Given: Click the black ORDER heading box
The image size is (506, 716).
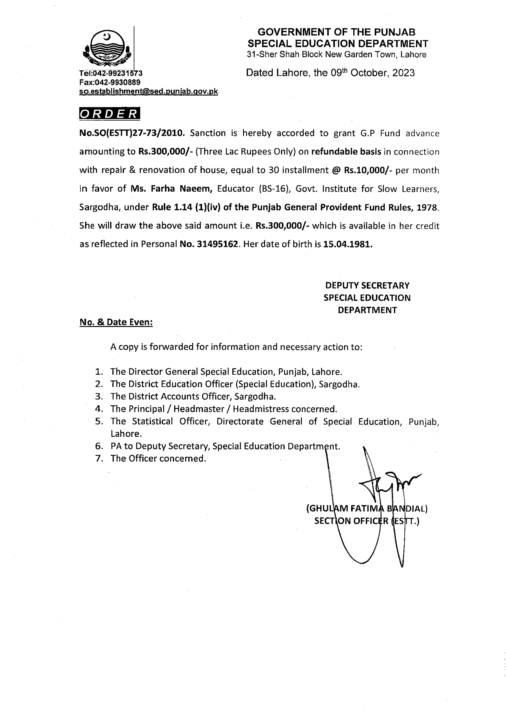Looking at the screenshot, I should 109,114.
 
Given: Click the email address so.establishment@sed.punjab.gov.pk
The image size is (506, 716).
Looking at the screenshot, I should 148,91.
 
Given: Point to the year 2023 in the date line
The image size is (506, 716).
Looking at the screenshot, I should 403,73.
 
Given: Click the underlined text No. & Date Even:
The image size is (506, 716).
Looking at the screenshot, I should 116,322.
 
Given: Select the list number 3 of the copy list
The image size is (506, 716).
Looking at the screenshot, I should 99,397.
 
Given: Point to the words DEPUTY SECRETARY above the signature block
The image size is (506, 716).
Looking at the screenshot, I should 367,285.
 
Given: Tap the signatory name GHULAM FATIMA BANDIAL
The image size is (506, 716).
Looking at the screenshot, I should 367,509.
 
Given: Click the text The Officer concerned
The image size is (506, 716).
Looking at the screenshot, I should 158,458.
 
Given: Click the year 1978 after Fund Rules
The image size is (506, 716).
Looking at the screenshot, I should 427,207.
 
